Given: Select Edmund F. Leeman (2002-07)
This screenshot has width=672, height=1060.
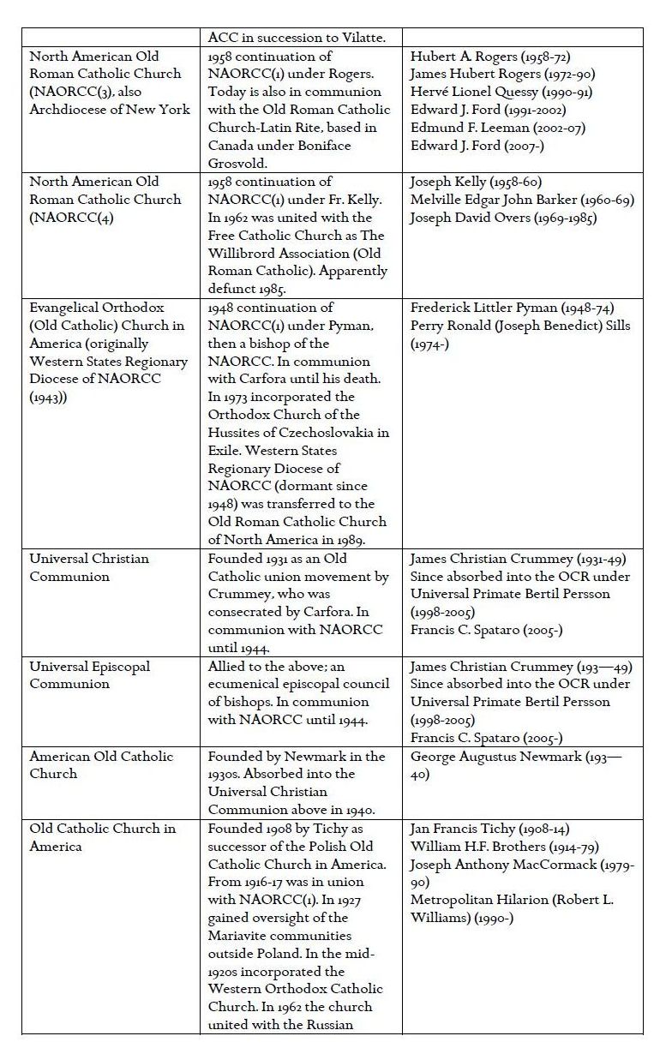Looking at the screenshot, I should click(x=505, y=128).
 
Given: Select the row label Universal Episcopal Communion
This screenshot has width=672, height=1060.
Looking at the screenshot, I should click(x=90, y=675).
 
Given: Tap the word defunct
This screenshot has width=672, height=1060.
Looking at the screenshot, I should click(x=234, y=289).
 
